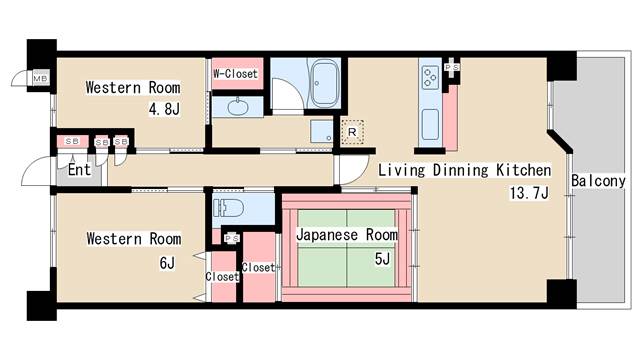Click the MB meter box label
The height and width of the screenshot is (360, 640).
[41, 78]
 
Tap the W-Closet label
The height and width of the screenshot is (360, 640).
[235, 74]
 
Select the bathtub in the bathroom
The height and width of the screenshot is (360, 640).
[324, 78]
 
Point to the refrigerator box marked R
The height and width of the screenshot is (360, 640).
[352, 130]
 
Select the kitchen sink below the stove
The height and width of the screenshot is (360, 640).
[431, 125]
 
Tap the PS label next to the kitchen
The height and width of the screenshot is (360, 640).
[452, 67]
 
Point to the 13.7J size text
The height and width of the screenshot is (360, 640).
[529, 193]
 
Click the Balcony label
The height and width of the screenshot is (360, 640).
[598, 182]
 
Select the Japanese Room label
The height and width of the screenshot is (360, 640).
[347, 235]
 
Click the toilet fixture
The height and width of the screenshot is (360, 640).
[229, 209]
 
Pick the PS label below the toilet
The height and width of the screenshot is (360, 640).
[231, 238]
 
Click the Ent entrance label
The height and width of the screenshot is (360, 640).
[79, 170]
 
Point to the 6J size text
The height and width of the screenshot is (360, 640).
[166, 263]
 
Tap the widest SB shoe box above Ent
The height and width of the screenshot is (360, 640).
[72, 142]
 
